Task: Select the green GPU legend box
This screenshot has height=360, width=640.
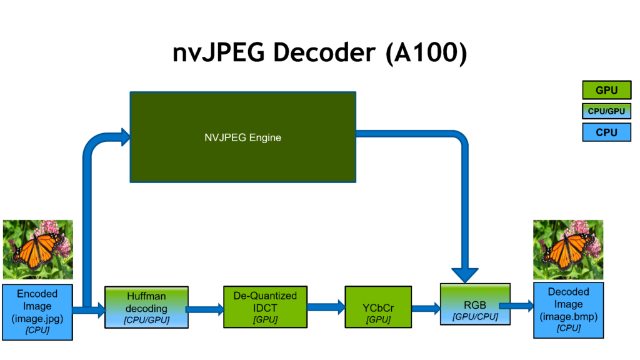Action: pyautogui.click(x=606, y=90)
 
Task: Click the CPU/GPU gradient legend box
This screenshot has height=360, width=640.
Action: pyautogui.click(x=606, y=111)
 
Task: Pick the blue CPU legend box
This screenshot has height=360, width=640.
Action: pyautogui.click(x=606, y=132)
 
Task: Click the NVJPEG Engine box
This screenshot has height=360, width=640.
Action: pyautogui.click(x=242, y=137)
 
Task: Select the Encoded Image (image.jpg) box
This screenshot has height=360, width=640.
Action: pyautogui.click(x=37, y=311)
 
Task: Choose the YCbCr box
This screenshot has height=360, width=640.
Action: pyautogui.click(x=378, y=307)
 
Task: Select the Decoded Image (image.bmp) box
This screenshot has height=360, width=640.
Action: pyautogui.click(x=568, y=309)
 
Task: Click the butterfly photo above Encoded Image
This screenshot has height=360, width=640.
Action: pyautogui.click(x=37, y=249)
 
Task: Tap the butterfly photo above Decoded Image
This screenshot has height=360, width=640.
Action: pyautogui.click(x=568, y=249)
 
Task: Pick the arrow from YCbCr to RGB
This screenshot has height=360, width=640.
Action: pyautogui.click(x=426, y=307)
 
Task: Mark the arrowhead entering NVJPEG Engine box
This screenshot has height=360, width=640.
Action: pyautogui.click(x=122, y=134)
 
